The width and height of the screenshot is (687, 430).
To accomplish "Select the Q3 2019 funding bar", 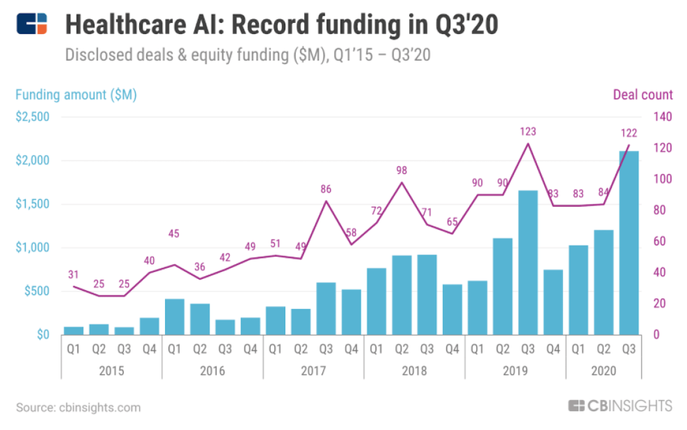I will [x=528, y=263].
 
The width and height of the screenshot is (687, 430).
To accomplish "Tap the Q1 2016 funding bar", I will [x=174, y=317].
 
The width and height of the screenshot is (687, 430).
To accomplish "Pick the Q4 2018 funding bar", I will [x=452, y=310].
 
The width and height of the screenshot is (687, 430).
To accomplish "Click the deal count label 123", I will [x=528, y=132].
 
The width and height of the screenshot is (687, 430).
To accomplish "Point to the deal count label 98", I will [x=402, y=170].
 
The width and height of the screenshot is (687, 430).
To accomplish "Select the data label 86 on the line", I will [x=326, y=189].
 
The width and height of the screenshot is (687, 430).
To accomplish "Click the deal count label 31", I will [x=73, y=274].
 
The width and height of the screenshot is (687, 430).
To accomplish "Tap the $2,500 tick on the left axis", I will [x=32, y=117].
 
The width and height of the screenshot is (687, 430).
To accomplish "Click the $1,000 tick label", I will [x=32, y=248].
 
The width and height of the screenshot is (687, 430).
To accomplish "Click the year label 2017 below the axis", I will [x=313, y=371].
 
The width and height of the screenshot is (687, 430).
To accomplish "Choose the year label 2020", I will [x=603, y=371].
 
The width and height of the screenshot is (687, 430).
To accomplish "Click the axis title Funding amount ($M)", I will [x=76, y=95].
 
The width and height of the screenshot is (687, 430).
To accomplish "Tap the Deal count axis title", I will [x=643, y=95].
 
